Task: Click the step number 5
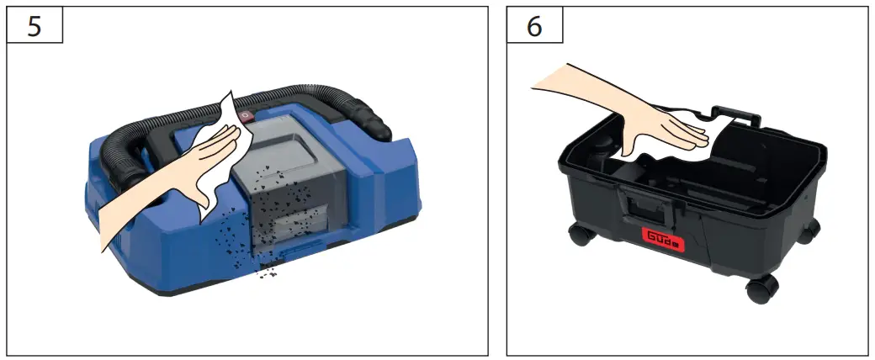point(34,26)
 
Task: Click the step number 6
point(534,26)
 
